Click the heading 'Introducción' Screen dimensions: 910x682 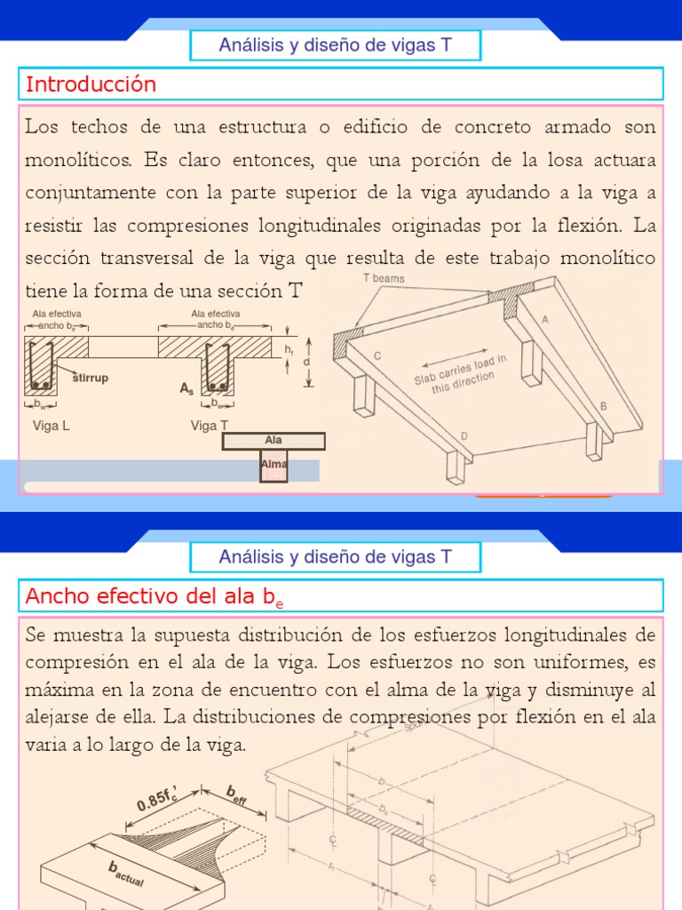click(x=91, y=84)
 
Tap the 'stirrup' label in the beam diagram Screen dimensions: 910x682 click(x=90, y=378)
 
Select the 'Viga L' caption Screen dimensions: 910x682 click(x=51, y=426)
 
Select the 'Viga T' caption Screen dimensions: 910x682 click(x=210, y=426)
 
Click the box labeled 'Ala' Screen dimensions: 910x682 click(x=274, y=441)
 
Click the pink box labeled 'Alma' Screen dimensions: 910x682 click(x=274, y=465)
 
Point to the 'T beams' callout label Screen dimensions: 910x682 click(x=384, y=279)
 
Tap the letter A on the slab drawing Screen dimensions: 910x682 click(x=544, y=319)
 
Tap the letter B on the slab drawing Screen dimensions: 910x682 click(x=604, y=405)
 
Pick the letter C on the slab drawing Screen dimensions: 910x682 click(x=377, y=355)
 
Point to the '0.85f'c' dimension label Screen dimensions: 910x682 click(x=161, y=794)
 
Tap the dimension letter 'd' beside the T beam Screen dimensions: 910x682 click(x=306, y=362)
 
